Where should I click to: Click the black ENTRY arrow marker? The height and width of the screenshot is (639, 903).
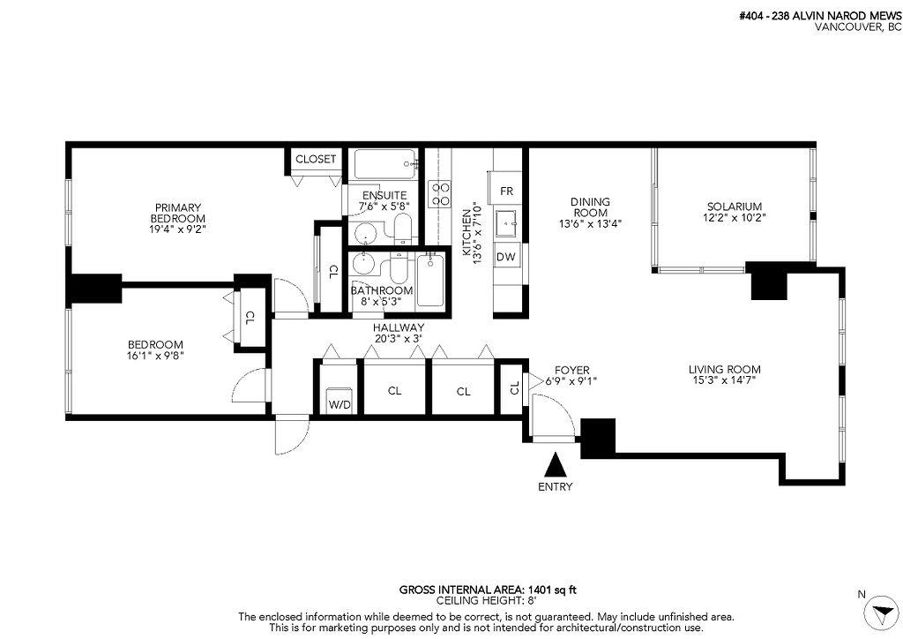(555, 465)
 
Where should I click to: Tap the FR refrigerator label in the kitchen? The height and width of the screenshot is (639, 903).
(506, 191)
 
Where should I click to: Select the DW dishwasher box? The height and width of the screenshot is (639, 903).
(505, 257)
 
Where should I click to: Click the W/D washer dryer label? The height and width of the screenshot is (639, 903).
(339, 405)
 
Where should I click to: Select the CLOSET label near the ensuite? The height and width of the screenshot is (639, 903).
(315, 159)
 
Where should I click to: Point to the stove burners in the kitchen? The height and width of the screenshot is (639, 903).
(438, 194)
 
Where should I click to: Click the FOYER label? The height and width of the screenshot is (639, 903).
(571, 370)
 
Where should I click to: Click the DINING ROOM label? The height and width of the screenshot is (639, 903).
(590, 207)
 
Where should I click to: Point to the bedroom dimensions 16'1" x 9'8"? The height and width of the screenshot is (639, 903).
(155, 356)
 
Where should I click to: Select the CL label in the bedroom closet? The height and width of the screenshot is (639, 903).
(250, 316)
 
